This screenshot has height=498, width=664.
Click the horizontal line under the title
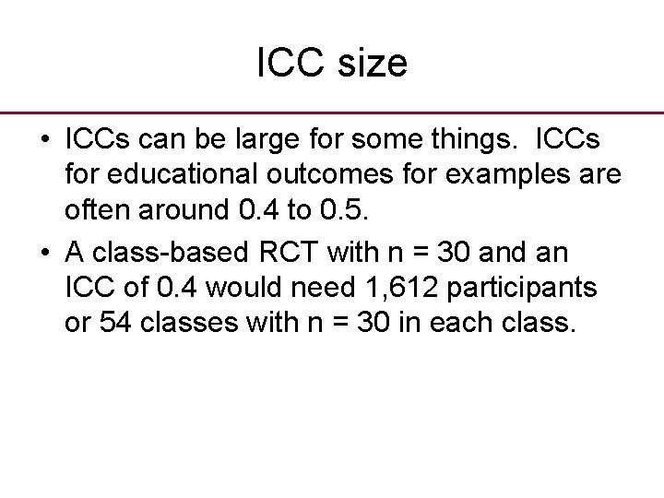[x=332, y=112]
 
